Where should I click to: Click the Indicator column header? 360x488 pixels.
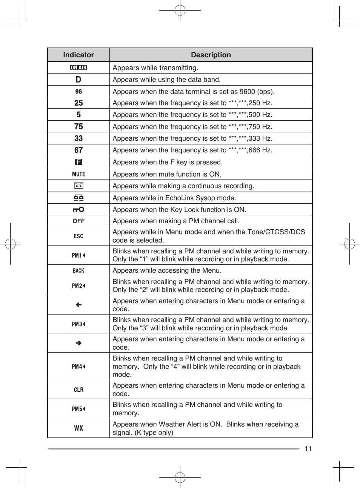78,55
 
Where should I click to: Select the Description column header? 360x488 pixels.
211,55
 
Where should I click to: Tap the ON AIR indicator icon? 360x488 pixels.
78,68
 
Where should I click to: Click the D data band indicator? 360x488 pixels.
78,80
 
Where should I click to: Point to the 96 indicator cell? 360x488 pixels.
78,92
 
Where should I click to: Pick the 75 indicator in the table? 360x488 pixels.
78,127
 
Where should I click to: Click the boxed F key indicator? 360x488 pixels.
78,162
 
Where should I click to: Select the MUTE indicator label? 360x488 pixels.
78,174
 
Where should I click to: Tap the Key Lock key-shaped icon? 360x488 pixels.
78,209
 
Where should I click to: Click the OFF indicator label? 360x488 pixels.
78,221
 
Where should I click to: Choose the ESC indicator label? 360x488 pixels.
78,236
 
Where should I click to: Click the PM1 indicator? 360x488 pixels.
78,255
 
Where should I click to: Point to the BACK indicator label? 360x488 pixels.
78,271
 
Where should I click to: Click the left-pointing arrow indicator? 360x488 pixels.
78,305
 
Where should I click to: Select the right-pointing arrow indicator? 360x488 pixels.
78,343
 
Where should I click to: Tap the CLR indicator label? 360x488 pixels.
78,390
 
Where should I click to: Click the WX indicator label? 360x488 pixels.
78,428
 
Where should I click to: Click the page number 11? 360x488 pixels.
308,448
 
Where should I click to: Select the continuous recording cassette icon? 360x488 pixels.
78,186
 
